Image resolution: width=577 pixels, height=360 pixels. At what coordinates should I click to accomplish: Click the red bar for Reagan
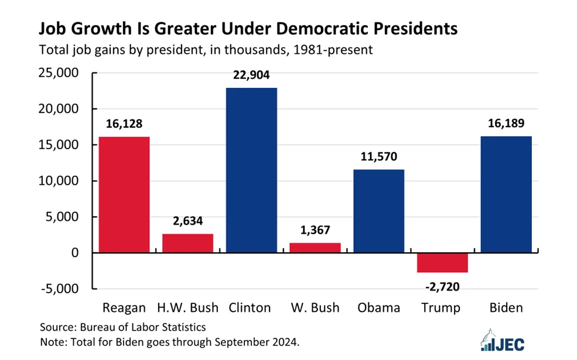coord(124,194)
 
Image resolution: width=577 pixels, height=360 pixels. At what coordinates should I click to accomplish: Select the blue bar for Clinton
coord(251,170)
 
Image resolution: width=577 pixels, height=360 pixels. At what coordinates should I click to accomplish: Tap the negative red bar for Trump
coord(442,263)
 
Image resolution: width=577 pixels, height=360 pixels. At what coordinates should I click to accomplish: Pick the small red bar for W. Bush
coord(315,248)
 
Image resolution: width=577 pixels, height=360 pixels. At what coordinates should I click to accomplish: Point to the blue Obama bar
coord(378,211)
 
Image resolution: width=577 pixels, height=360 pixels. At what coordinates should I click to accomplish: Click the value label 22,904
coord(251,75)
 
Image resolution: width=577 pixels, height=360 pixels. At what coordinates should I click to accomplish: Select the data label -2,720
coord(442,286)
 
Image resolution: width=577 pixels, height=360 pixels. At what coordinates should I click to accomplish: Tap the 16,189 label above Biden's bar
coord(506,123)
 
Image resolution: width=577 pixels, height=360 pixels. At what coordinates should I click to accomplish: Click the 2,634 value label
coord(187,221)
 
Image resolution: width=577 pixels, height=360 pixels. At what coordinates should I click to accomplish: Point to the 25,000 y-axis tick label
coord(59,73)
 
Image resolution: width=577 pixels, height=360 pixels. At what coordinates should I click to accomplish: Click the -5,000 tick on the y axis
coord(60,289)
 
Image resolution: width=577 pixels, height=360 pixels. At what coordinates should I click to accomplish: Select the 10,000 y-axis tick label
coord(59,181)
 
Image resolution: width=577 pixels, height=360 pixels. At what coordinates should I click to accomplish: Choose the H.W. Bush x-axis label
coord(187,307)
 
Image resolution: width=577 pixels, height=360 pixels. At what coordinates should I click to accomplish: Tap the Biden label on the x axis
coord(506,307)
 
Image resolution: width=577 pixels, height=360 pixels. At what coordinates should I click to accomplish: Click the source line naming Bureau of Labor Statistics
coord(122,327)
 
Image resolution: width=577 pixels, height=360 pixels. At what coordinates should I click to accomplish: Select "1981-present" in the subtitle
coord(333,50)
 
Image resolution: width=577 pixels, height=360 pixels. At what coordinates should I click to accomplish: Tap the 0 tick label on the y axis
coord(75,253)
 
